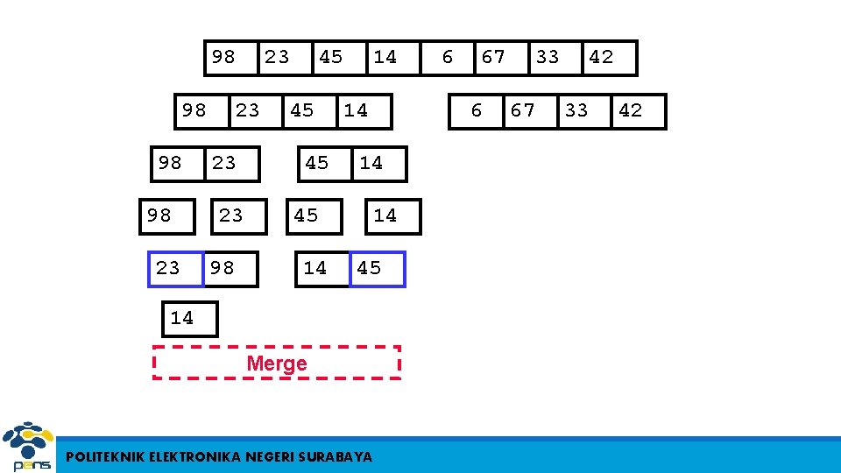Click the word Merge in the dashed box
click(277, 364)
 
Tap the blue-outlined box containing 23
click(173, 269)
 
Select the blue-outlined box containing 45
click(377, 269)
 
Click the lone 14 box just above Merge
click(188, 318)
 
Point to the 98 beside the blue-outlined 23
click(230, 269)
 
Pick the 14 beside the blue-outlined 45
click(322, 269)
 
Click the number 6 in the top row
click(448, 57)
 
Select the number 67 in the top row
click(493, 57)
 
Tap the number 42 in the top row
click(601, 57)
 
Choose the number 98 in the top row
click(223, 57)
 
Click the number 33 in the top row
click(548, 57)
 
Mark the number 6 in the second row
click(477, 110)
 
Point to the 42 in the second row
click(630, 110)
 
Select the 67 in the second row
click(523, 110)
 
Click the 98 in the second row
click(194, 110)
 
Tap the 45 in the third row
click(317, 163)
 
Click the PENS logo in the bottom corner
click(28, 448)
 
